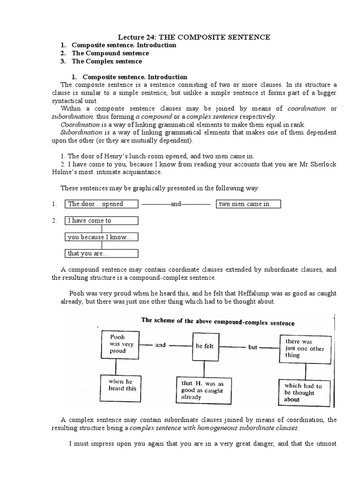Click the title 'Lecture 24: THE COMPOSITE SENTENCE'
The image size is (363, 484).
coord(194,37)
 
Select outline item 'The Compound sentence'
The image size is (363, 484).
coord(110,53)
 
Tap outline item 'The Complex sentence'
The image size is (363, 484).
coord(107,61)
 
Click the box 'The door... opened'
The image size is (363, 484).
coord(101,204)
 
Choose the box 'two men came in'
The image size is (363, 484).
coord(249,204)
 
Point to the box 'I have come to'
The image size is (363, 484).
coord(101,221)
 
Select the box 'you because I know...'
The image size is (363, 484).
coord(101,237)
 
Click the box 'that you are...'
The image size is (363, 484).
coord(101,254)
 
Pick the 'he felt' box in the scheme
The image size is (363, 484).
coord(205,346)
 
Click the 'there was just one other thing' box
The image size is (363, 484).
coord(304,348)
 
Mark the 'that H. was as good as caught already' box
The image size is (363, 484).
coord(205,390)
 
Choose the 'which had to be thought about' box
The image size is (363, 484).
coord(304,392)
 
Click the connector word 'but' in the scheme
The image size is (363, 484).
coord(253,347)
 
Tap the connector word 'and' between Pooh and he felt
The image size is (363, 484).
coord(161,345)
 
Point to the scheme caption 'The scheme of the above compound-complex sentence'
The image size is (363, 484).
coord(218,323)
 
